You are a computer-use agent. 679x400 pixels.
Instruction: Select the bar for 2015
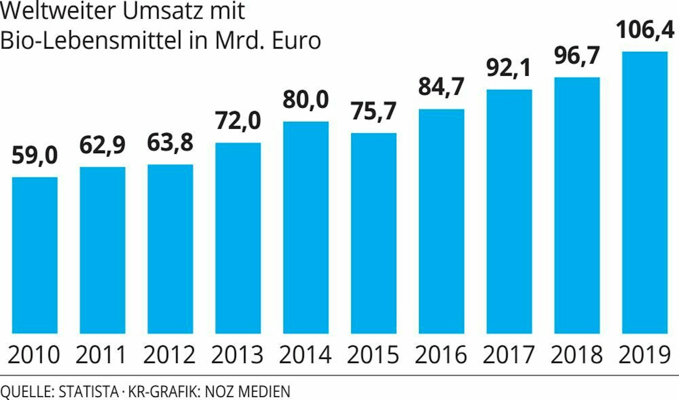pos(373,233)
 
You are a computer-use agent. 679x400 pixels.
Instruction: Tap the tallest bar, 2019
pos(645,192)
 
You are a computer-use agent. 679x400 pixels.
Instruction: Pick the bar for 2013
pos(238,238)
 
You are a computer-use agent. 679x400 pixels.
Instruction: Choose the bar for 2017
pos(509,211)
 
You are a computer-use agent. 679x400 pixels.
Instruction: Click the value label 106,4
pos(645,30)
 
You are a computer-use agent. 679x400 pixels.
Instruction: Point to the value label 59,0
pos(35,156)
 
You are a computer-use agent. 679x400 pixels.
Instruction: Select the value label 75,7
pos(373,111)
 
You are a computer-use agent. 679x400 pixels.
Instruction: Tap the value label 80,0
pos(306,100)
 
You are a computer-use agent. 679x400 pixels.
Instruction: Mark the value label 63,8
pos(170,143)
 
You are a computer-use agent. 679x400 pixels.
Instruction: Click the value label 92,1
pos(508,68)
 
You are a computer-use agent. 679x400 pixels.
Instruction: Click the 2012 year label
pos(169,355)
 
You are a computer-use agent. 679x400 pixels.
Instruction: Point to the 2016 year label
pos(441,355)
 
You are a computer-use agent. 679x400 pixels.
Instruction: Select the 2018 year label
pos(576,355)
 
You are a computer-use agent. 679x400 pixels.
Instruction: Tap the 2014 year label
pos(305,355)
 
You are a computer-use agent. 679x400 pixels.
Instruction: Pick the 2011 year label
pos(101,355)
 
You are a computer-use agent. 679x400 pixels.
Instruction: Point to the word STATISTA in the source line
pos(89,392)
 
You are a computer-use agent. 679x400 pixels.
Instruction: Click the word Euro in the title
pos(296,41)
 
